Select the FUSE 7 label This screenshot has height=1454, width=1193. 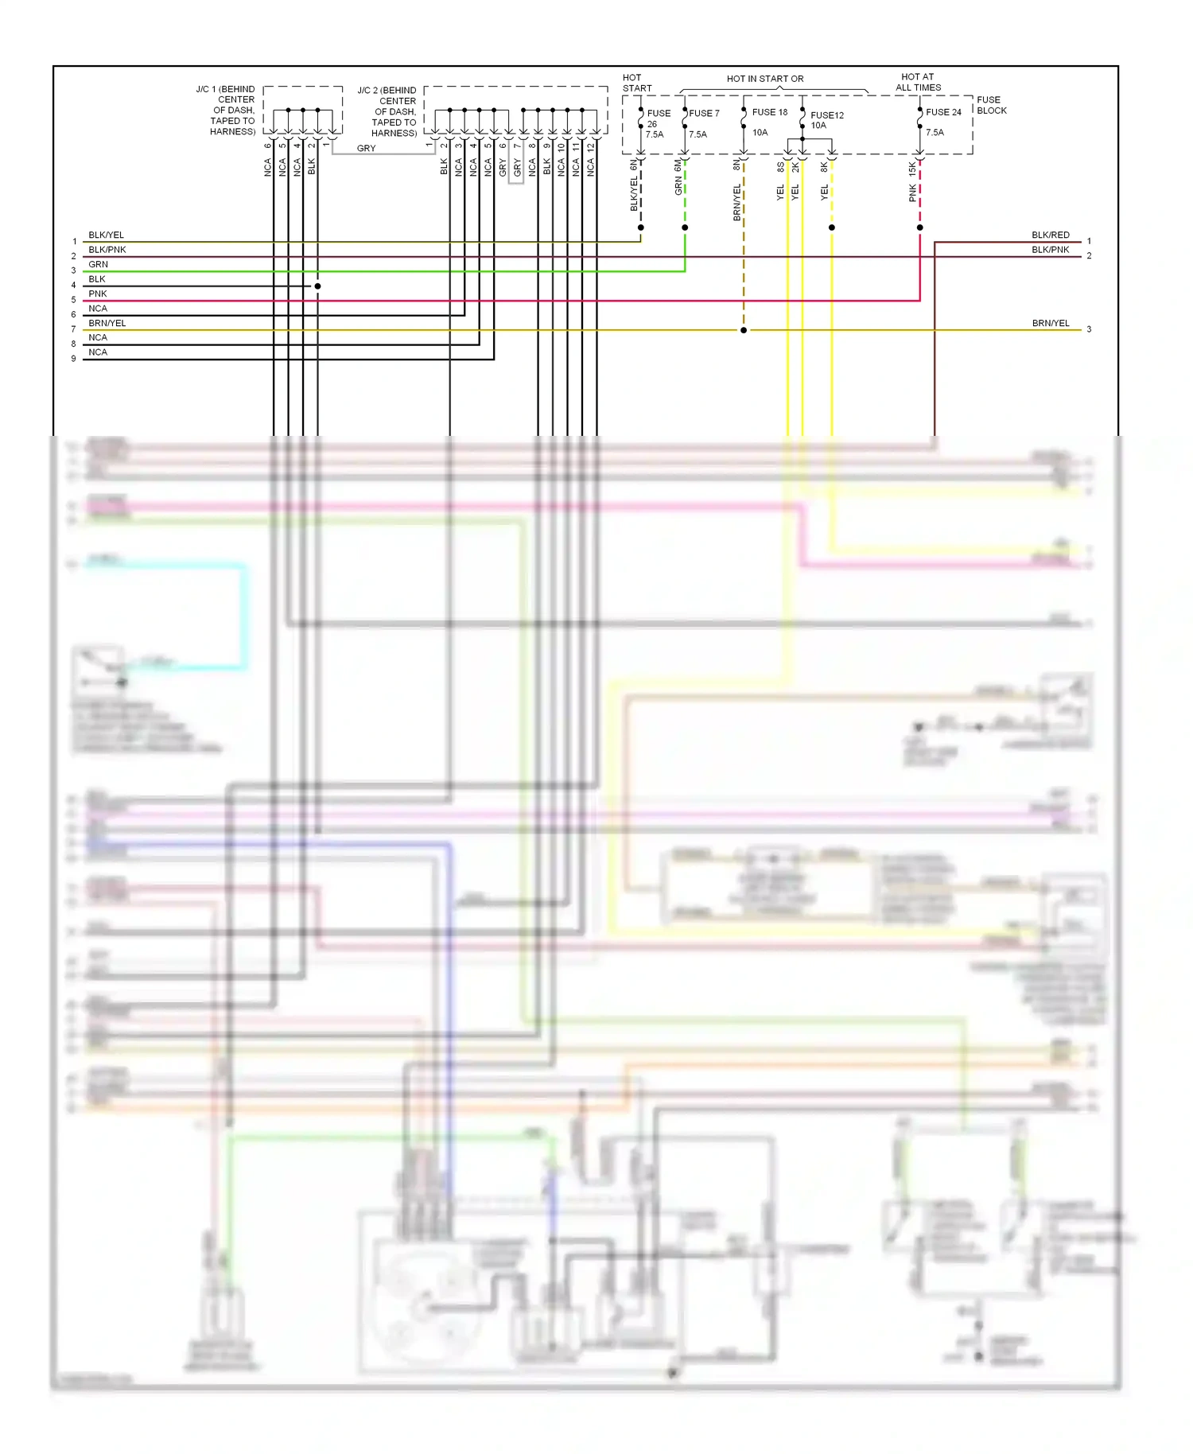pos(704,114)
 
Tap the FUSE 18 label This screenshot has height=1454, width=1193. pos(769,112)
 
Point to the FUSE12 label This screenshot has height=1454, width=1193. pos(827,115)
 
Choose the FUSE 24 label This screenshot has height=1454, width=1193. pos(943,112)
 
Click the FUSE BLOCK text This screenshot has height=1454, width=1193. pos(991,105)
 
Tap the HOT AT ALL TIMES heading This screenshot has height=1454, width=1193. pos(918,83)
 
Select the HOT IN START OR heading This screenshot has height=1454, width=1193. pos(765,79)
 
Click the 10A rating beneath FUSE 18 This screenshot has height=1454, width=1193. pos(760,133)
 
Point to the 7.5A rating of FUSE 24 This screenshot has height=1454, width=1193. pos(935,133)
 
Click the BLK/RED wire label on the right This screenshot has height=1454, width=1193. pos(1050,235)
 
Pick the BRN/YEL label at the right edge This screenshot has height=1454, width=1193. pos(1050,324)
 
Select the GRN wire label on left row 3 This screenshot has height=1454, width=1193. pos(98,265)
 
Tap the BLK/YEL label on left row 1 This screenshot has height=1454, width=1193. pos(106,235)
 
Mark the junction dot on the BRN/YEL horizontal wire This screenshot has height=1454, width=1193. pos(744,330)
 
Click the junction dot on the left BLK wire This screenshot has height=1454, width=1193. pos(317,286)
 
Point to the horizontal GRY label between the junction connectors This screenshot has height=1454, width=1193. pos(366,149)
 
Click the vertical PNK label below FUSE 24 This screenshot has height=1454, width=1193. pos(912,193)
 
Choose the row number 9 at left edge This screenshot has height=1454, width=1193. pos(74,359)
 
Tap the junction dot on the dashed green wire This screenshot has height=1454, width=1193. pos(685,227)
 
